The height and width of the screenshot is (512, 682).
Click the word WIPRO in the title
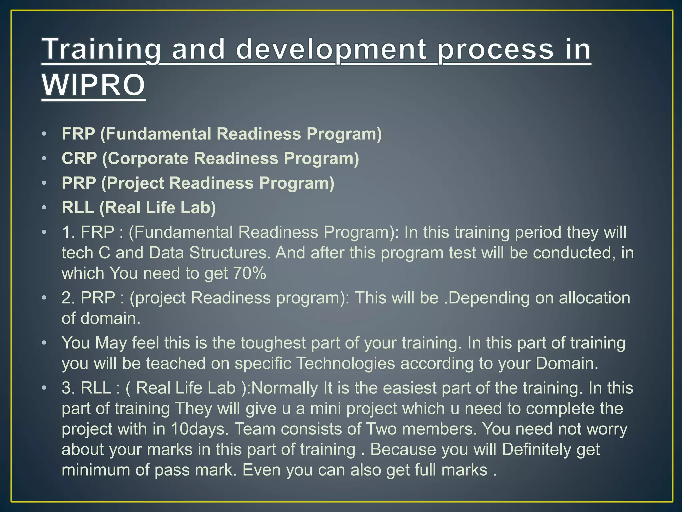pyautogui.click(x=93, y=85)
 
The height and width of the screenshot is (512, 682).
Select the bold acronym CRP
pyautogui.click(x=79, y=158)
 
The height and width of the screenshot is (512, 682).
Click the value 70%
pyautogui.click(x=250, y=273)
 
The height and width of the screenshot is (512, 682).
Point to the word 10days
pyautogui.click(x=200, y=429)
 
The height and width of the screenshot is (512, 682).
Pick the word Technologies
pyautogui.click(x=345, y=363)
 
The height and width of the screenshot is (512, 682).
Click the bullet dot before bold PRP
pyautogui.click(x=44, y=183)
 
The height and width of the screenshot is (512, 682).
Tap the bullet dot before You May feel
pyautogui.click(x=44, y=343)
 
